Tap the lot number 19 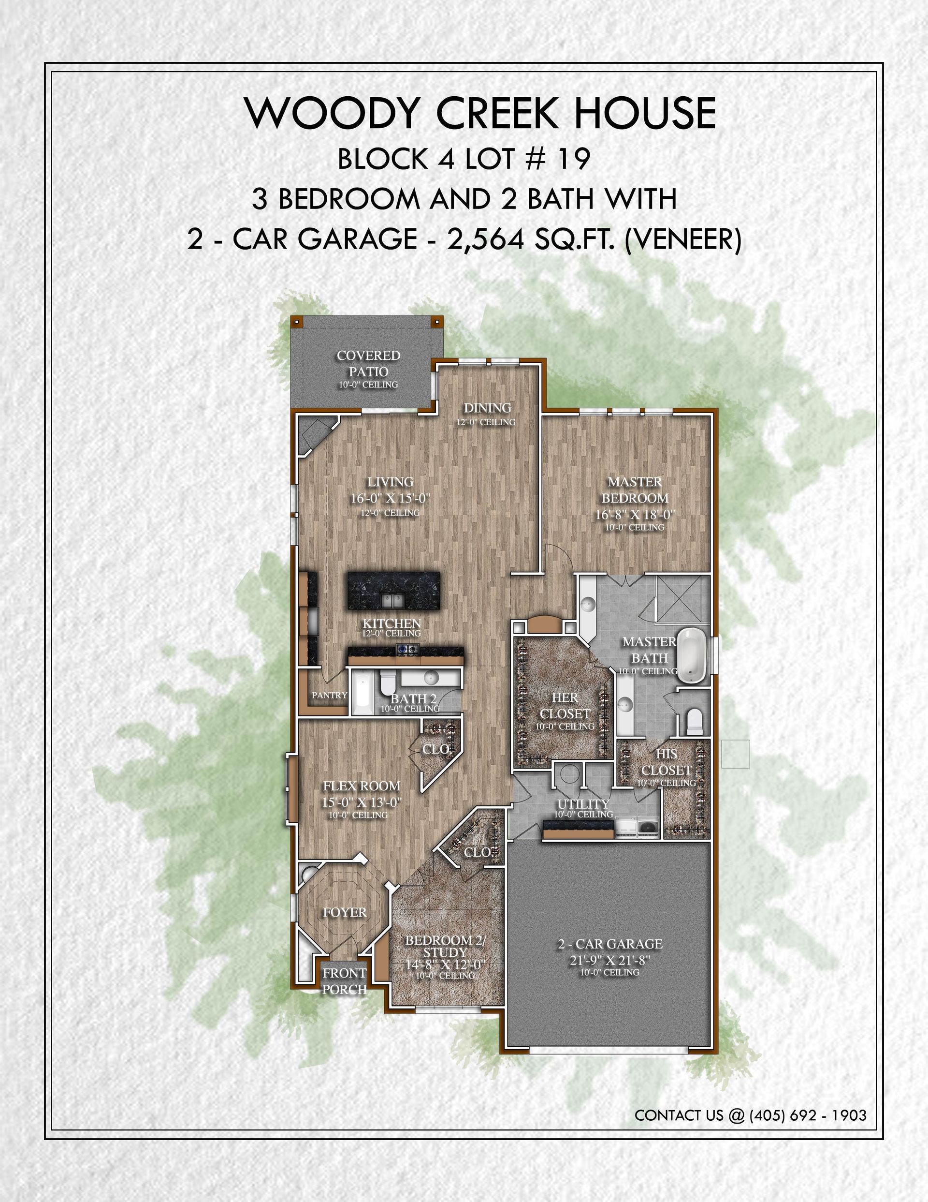coord(574,159)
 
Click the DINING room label coord(487,408)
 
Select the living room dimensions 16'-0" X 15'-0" coord(391,499)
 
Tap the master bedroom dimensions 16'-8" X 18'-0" coord(635,515)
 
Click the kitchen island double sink coord(393,599)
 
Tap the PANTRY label coord(330,695)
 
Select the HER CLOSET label coord(565,706)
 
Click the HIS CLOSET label coord(666,762)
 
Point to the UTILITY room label coord(583,803)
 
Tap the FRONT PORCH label coord(344,981)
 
